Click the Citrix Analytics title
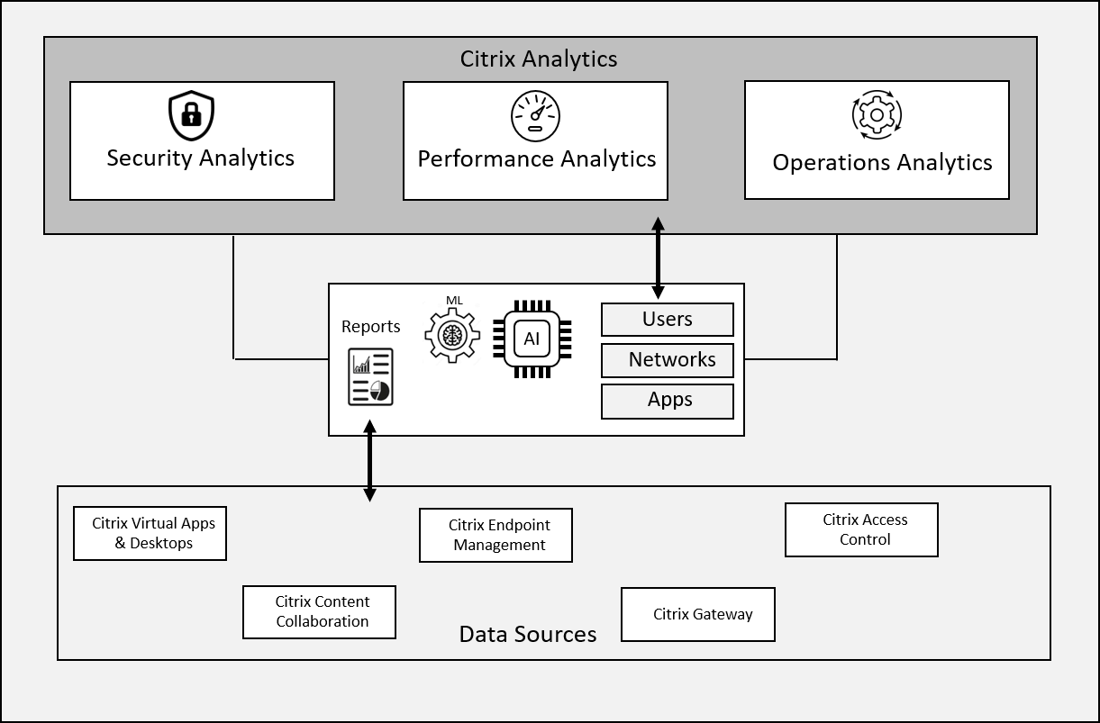click(x=539, y=59)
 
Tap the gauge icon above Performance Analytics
click(x=535, y=117)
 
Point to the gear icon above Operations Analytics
click(x=876, y=114)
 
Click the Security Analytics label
click(x=201, y=158)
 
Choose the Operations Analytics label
click(x=882, y=163)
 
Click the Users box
click(x=667, y=320)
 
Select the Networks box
click(x=667, y=360)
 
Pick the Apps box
click(x=667, y=401)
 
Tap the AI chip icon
click(x=532, y=339)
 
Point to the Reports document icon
click(x=370, y=377)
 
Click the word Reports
click(x=370, y=327)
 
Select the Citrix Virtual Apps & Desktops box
click(x=150, y=533)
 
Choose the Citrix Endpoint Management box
click(x=495, y=535)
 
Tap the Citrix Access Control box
click(x=861, y=529)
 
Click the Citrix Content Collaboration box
click(x=319, y=612)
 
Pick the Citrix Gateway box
click(x=698, y=615)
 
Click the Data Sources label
click(x=528, y=635)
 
